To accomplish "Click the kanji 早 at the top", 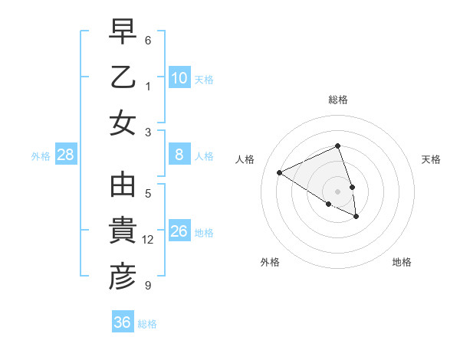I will point(123,33).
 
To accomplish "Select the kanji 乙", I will point(123,78).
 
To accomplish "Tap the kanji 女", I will point(123,123).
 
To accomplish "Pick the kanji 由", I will point(123,186).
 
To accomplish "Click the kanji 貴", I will point(123,231).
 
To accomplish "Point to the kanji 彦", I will point(123,277).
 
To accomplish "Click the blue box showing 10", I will point(179,77).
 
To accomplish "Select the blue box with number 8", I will point(179,155).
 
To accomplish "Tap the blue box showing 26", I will point(179,231).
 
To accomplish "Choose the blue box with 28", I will point(66,155).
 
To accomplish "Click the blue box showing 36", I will point(123,322).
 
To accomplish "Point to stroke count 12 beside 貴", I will point(148,240).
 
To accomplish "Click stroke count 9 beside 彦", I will point(148,286).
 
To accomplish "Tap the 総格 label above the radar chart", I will point(338,100).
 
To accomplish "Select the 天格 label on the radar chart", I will point(431,159).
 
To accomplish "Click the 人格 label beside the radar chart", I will point(245,159).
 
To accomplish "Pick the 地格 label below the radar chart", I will point(402,262).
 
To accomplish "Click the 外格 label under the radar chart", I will point(270,262).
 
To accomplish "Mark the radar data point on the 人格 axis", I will point(280,172).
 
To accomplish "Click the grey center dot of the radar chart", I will point(338,191).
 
